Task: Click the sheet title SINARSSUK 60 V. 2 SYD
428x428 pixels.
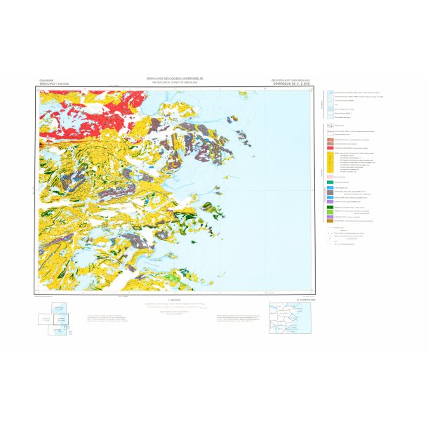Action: click(x=290, y=83)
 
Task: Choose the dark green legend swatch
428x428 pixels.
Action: click(x=329, y=208)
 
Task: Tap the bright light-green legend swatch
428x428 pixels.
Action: click(x=329, y=213)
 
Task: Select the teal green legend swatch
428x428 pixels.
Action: click(x=329, y=182)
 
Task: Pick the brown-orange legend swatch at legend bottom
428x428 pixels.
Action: click(x=329, y=223)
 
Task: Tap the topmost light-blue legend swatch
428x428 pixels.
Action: click(x=329, y=93)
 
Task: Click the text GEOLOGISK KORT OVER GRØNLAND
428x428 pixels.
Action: click(x=290, y=80)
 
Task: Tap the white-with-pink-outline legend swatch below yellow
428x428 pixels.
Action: click(x=329, y=176)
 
